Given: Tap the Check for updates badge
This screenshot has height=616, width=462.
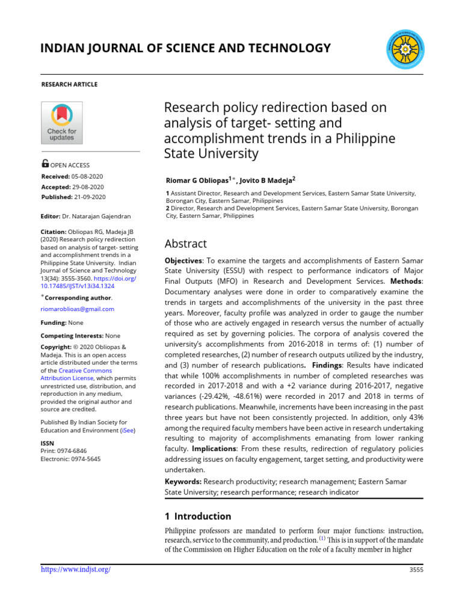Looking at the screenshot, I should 61,123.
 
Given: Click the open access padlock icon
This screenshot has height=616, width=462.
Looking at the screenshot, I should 45,164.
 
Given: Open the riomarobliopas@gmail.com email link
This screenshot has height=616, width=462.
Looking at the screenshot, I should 77,309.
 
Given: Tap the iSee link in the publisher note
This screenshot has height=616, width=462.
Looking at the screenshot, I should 128,431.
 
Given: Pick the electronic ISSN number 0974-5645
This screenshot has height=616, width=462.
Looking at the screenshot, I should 85,459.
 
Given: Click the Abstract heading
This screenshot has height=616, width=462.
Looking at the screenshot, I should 185,244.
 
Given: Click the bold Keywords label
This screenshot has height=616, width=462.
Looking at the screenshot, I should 183,482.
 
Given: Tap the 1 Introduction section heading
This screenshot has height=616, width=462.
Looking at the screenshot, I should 198,516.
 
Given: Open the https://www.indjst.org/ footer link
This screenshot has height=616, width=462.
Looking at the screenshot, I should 75,570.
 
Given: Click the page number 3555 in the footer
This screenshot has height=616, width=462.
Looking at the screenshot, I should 416,570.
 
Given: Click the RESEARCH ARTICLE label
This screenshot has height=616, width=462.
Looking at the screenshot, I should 69,84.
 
